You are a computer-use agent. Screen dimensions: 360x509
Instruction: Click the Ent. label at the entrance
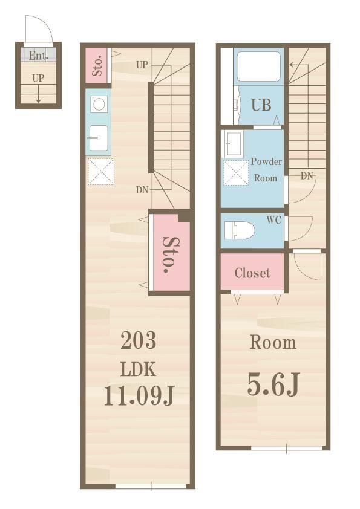(38, 56)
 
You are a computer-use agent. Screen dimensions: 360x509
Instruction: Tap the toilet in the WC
(240, 230)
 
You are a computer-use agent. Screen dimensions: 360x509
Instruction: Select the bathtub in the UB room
(258, 66)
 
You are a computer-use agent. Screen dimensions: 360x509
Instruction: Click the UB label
(261, 105)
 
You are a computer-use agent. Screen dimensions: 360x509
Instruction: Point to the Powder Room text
(266, 169)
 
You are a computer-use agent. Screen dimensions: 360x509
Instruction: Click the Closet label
(252, 273)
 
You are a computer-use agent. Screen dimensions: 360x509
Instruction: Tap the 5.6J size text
(273, 384)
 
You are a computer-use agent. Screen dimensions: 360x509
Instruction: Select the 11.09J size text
(139, 396)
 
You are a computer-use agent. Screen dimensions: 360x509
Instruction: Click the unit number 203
(139, 340)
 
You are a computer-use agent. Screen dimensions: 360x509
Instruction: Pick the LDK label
(139, 369)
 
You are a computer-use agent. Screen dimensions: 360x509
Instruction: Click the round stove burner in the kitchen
(99, 105)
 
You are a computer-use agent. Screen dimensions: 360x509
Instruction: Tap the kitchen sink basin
(98, 138)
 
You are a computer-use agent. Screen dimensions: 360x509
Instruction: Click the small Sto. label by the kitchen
(98, 66)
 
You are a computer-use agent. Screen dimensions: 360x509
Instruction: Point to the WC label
(273, 220)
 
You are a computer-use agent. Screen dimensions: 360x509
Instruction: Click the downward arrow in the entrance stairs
(38, 94)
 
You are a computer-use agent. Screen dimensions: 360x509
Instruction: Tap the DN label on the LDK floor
(142, 190)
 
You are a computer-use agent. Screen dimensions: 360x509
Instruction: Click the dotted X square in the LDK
(101, 172)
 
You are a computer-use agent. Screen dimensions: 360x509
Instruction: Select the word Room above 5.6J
(273, 343)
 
